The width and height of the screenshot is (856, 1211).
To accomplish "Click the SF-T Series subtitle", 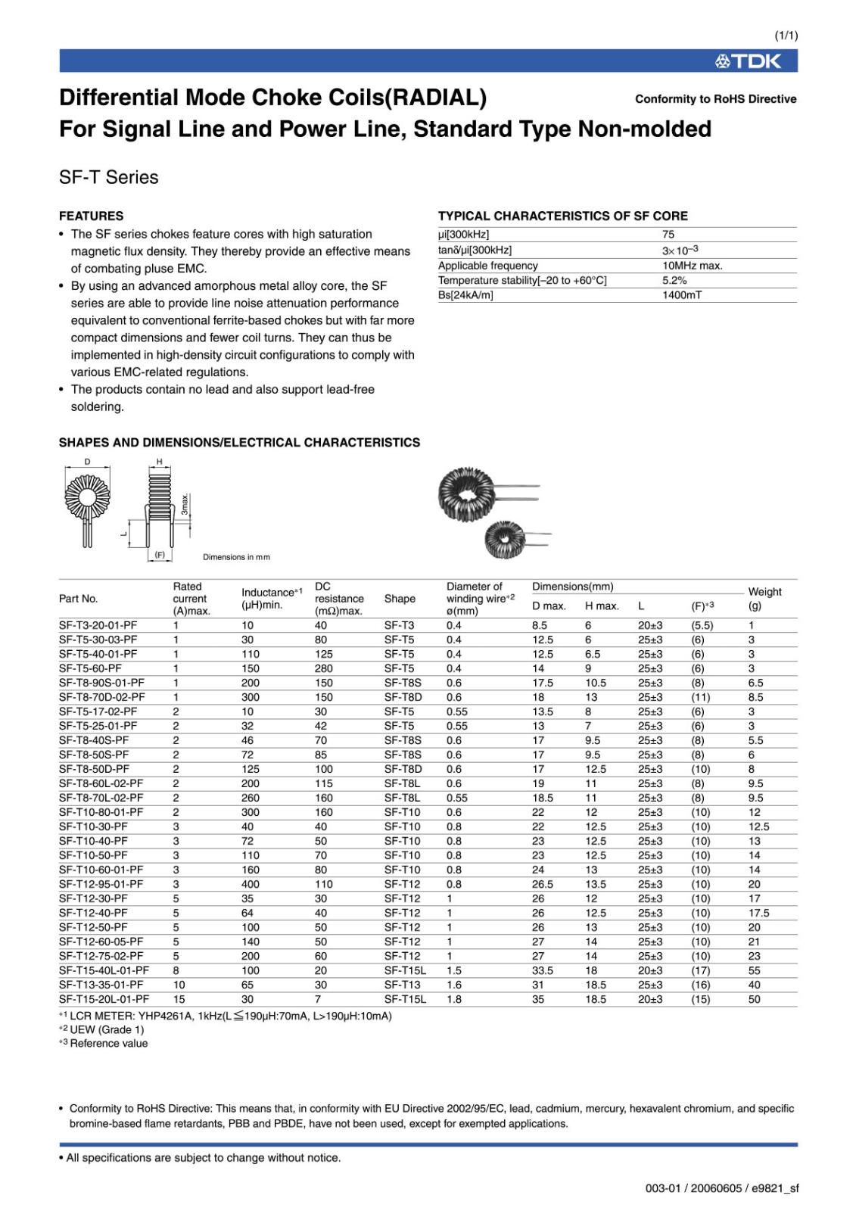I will pos(109,177).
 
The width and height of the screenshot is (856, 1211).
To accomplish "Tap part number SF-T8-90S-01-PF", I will pos(101,683).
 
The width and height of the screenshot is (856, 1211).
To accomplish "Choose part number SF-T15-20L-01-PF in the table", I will pos(104,999).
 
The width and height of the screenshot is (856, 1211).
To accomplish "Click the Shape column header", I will pos(400,599).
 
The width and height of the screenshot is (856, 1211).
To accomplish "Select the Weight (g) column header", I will pos(764,599).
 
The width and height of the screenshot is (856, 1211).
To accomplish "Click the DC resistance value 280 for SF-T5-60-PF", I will pos(324,668).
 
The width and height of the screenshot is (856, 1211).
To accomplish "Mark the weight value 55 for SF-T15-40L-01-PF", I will pos(755,970).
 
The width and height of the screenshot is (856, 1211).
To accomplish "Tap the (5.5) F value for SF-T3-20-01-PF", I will pos(702,625).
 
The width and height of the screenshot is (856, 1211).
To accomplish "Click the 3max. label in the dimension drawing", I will pos(185,504).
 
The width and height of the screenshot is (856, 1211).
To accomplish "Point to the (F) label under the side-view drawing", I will pos(160,555).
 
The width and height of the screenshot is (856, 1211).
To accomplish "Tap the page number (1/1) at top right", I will pos(786,36).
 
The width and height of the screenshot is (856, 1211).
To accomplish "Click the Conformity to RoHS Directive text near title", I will pos(715,99).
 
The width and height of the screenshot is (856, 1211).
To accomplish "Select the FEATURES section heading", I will pos(91,216).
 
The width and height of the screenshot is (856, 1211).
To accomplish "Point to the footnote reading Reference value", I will pos(108,1043).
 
